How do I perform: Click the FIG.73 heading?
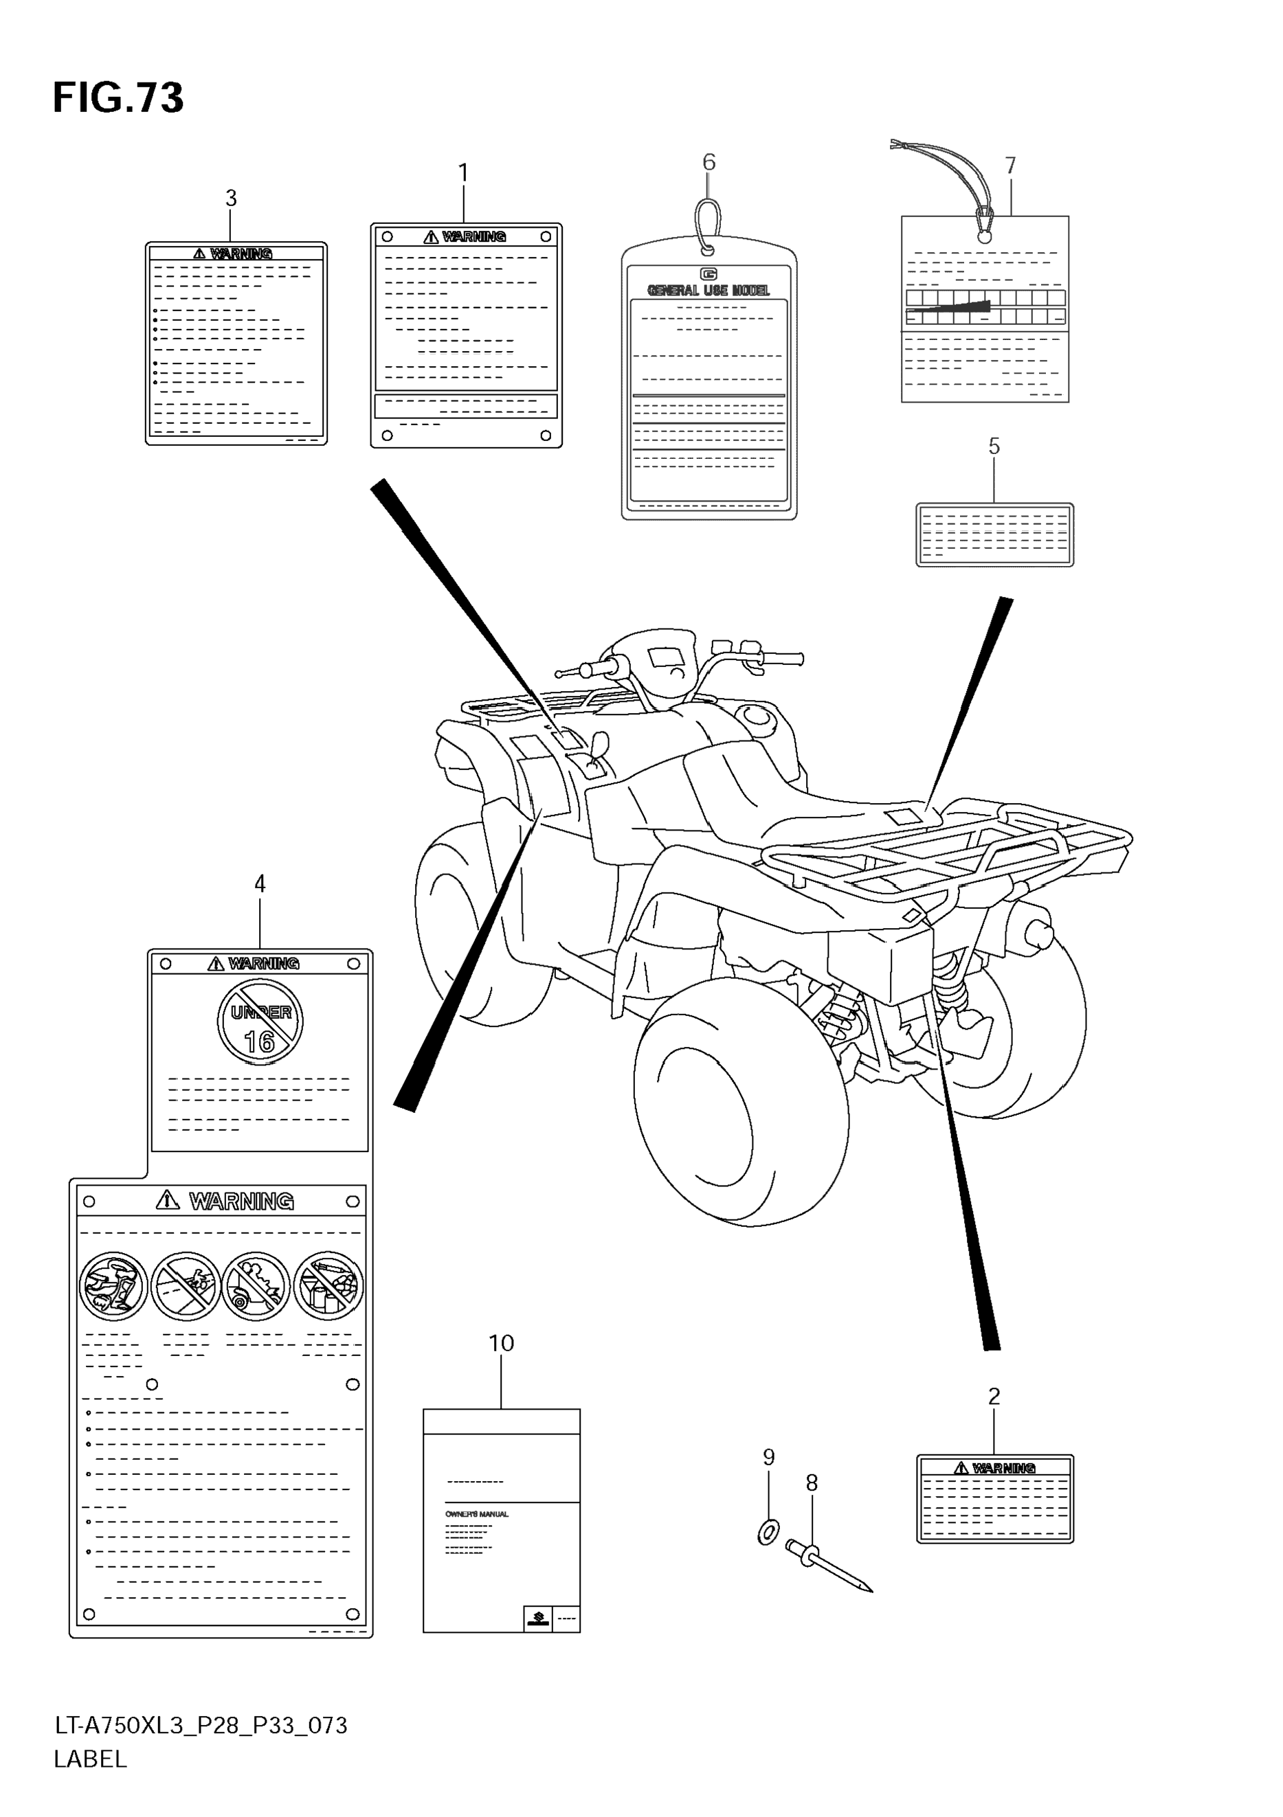pos(118,99)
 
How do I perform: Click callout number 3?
pos(231,198)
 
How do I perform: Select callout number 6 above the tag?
pos(709,162)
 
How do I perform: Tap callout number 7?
pos(1010,166)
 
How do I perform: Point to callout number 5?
pos(994,447)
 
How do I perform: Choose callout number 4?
pos(260,884)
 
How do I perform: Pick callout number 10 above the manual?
pos(501,1343)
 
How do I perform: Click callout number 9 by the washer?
pos(768,1457)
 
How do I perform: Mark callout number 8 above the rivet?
pos(812,1483)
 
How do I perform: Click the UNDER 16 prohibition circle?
pos(260,1021)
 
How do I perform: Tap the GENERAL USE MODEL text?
pos(709,291)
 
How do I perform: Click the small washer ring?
pos(767,1532)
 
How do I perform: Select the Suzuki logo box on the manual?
pos(537,1619)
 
